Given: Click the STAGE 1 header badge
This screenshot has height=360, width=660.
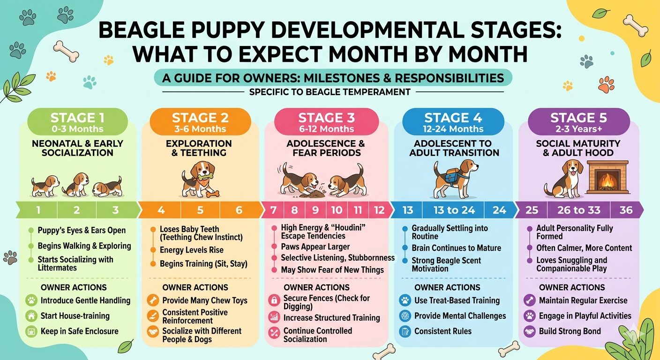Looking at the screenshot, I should pos(77,122).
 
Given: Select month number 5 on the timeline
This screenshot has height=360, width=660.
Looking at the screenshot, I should pos(200,210).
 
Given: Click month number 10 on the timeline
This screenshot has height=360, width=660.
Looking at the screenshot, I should pos(337,210).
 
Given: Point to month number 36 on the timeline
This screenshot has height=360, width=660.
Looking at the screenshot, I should pos(626,210).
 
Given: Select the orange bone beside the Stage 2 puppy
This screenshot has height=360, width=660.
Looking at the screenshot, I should pos(212,194).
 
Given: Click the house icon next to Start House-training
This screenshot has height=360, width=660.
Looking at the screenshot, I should pos(31,316).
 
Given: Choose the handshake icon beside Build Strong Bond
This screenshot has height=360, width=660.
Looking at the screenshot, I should pos(529,331).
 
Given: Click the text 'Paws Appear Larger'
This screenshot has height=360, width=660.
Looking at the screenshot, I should pos(315,247).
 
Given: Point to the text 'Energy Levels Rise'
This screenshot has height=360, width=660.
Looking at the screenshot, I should pos(191,250).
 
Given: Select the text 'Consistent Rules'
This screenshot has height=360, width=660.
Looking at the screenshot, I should pos(442,331).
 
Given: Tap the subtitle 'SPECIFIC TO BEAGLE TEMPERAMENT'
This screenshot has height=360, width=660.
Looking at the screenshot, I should pos(330,92).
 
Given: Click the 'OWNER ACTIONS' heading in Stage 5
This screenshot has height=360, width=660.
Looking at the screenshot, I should pos(572,287).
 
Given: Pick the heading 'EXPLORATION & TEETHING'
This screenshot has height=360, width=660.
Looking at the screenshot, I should pos(199,148).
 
